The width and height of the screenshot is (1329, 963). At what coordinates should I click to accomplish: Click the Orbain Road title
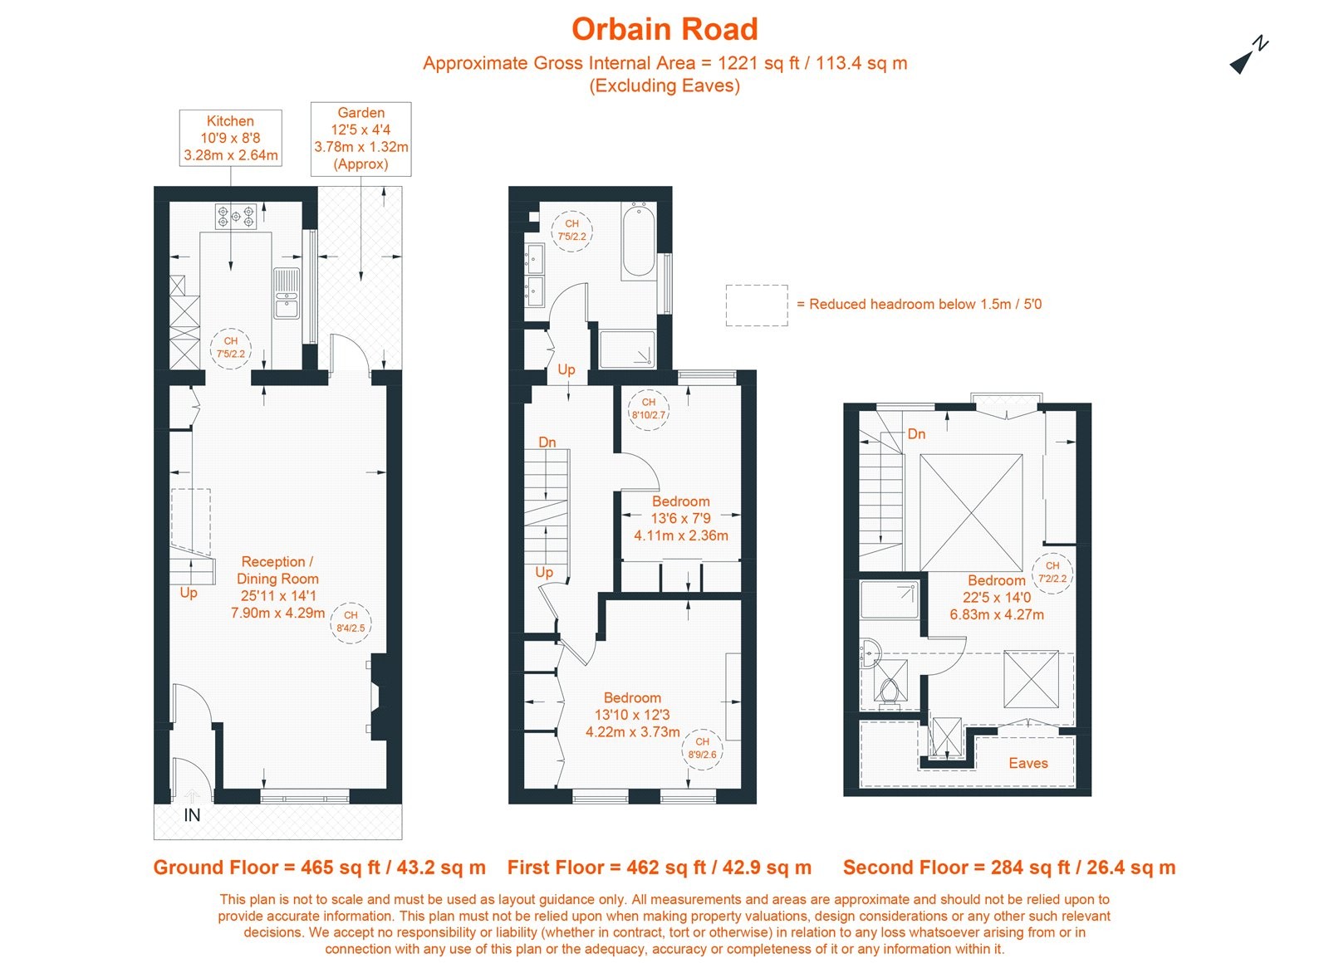click(x=664, y=29)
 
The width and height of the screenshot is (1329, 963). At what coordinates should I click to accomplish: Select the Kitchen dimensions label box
click(x=230, y=138)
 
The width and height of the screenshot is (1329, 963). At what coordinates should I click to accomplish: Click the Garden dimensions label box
click(x=360, y=139)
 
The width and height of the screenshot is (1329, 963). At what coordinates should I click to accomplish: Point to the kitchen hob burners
click(x=236, y=217)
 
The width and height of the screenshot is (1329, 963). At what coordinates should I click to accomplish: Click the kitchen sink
click(x=287, y=293)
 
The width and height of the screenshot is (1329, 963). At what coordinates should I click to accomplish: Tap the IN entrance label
click(x=192, y=815)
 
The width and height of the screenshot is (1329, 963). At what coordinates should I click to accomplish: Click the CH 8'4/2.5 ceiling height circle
click(x=351, y=622)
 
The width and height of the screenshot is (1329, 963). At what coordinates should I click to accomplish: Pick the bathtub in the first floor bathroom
click(x=638, y=240)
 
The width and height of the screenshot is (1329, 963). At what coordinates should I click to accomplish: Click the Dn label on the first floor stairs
click(x=547, y=442)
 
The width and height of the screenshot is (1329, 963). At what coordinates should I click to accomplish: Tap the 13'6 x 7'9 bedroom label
click(x=680, y=518)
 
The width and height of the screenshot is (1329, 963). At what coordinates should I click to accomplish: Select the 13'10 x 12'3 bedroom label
click(x=632, y=715)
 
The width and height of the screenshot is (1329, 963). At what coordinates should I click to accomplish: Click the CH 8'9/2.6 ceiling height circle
click(x=702, y=748)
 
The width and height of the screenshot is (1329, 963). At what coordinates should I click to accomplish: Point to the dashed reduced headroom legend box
click(x=756, y=305)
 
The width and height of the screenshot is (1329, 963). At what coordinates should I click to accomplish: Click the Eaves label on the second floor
click(x=1027, y=763)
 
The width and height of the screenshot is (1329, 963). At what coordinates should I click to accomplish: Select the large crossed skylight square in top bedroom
click(x=970, y=500)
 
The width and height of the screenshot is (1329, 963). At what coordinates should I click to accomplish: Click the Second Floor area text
click(x=1008, y=868)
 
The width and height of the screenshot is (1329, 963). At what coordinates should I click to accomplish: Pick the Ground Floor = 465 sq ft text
click(x=319, y=868)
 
